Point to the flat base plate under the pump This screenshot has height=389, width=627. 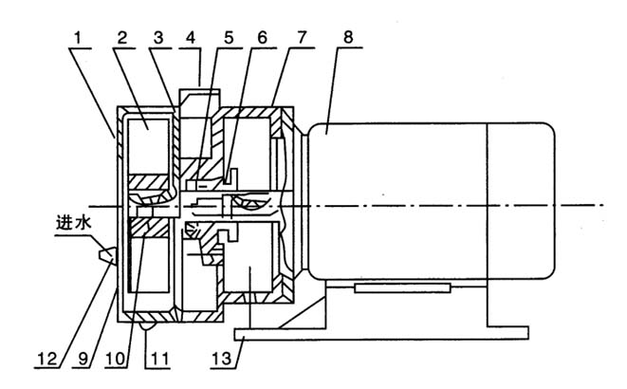[379, 331]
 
